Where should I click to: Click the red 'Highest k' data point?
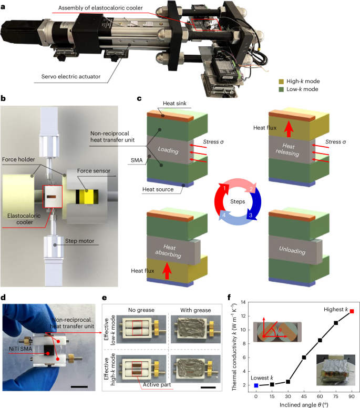[352, 311]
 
